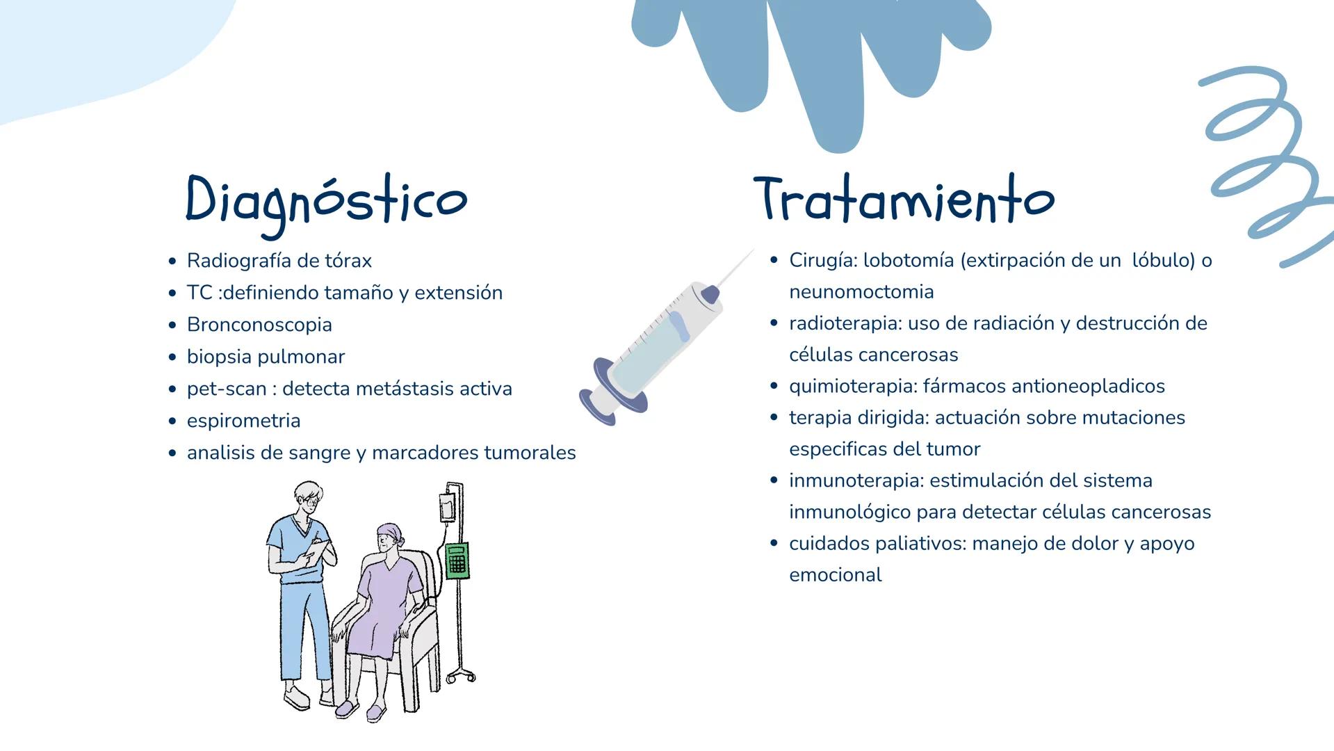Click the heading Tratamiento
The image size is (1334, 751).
click(904, 199)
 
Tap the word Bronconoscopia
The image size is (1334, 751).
click(259, 325)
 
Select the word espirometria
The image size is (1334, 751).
click(243, 421)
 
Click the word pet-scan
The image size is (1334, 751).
click(227, 389)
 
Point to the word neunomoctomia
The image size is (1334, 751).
click(861, 292)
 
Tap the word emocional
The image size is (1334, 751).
click(835, 575)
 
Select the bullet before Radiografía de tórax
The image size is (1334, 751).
click(172, 261)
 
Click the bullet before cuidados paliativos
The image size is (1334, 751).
click(774, 544)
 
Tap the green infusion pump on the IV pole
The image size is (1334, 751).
click(456, 560)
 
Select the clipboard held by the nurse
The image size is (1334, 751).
click(317, 551)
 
